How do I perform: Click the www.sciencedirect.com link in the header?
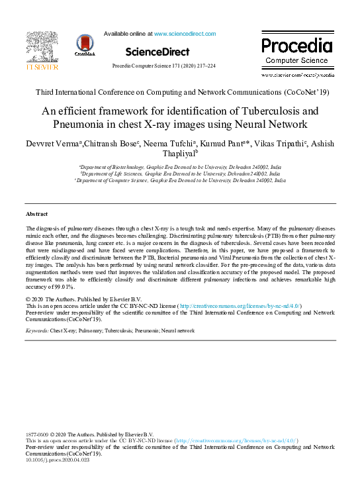click(185, 33)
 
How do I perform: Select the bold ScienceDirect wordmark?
click(157, 52)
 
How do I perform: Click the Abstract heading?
click(36, 215)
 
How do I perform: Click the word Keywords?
click(36, 330)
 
